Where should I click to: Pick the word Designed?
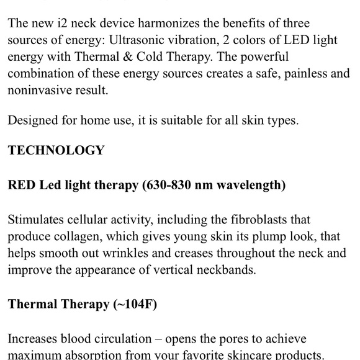coord(32,120)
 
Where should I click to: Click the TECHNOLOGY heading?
coord(56,150)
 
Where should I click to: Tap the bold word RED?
coord(23,186)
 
